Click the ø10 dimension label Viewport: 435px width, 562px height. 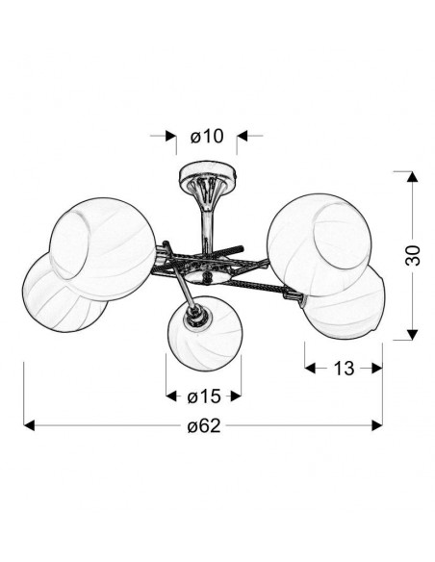207,137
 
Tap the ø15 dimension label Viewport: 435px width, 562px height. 203,396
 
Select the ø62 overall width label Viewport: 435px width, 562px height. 204,425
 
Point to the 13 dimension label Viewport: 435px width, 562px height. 344,369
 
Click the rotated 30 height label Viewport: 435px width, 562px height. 413,255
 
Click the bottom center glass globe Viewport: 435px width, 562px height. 204,333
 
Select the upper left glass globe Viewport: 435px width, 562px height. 103,249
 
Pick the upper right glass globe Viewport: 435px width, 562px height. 319,244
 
